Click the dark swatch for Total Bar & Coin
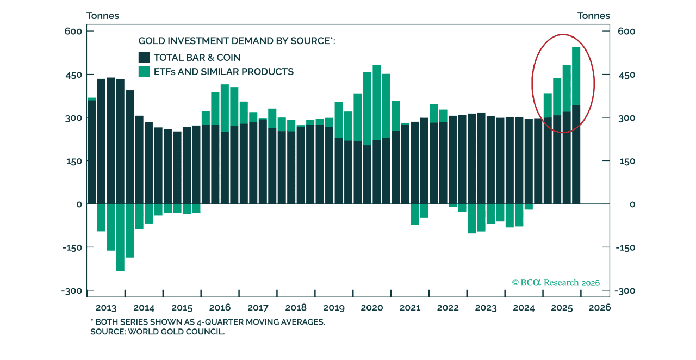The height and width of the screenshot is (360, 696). (144, 57)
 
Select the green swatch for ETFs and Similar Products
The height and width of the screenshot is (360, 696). (144, 71)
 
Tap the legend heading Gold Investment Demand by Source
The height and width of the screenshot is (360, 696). (237, 41)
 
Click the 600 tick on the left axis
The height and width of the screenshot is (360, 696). (73, 32)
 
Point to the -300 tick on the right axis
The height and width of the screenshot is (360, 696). (625, 291)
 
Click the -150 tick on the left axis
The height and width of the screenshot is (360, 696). (71, 247)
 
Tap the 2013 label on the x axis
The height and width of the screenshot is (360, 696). (105, 308)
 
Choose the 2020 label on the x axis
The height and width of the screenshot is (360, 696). (372, 308)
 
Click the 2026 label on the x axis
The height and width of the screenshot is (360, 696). (600, 308)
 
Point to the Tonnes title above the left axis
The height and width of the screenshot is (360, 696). (103, 16)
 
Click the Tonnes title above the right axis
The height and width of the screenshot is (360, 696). (594, 16)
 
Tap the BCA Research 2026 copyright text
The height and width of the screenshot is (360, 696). (556, 282)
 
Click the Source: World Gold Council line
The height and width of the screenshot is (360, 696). (157, 331)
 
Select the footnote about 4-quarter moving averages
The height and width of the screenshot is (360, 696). (207, 321)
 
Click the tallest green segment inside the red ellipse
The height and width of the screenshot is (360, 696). (576, 76)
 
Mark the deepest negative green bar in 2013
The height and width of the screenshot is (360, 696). (120, 237)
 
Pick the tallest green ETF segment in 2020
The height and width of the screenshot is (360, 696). (377, 103)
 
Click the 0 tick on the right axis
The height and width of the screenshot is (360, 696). (617, 204)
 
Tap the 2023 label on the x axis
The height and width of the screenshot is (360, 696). (486, 308)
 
